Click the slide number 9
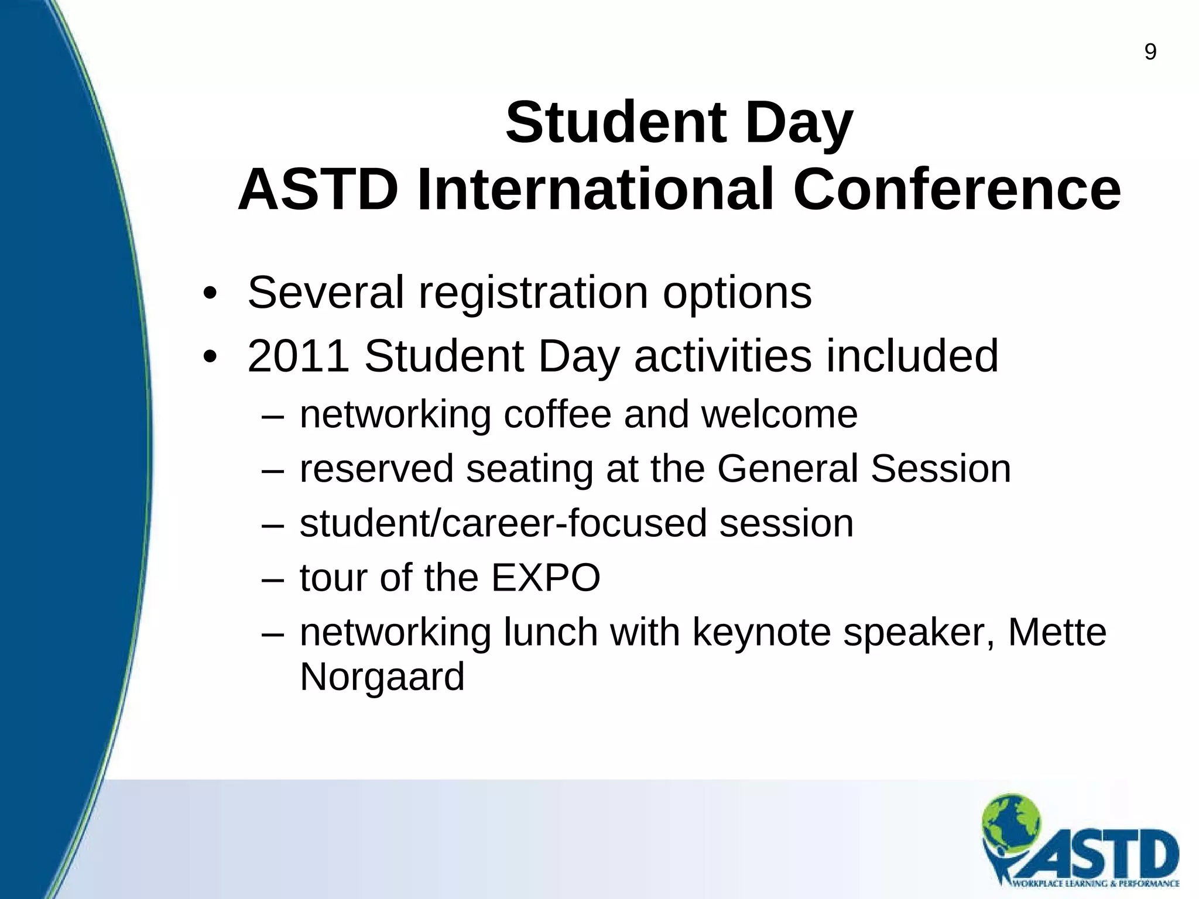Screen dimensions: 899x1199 (x=1150, y=53)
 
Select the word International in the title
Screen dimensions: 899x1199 (x=595, y=190)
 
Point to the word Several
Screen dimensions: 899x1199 (x=326, y=292)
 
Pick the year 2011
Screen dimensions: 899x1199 (x=298, y=356)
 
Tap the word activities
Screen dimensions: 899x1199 (x=723, y=356)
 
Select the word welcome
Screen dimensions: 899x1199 (x=779, y=414)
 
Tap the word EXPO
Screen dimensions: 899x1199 (x=545, y=578)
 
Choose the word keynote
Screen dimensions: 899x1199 (x=761, y=633)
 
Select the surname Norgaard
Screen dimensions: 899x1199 (x=382, y=677)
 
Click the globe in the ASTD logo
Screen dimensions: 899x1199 (x=1012, y=819)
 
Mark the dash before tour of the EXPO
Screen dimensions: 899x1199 (x=273, y=579)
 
